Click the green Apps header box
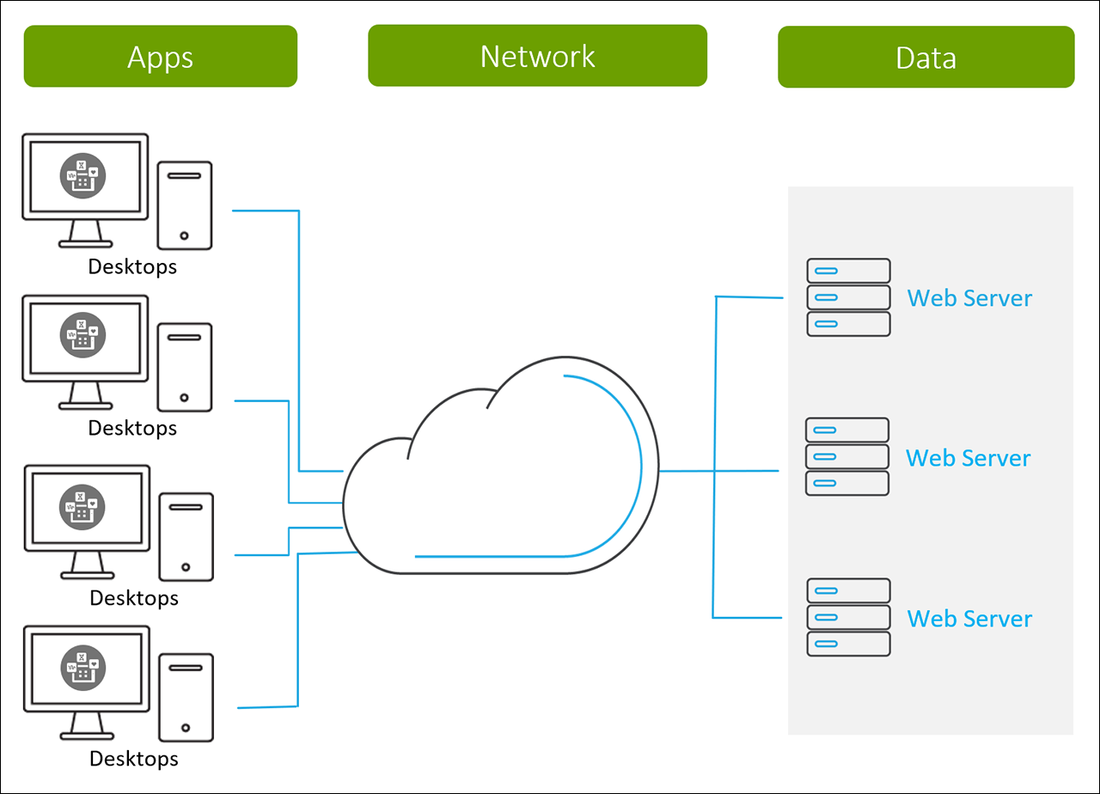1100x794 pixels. [x=160, y=56]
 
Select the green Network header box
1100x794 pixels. [x=537, y=55]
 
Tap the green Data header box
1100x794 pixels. [x=926, y=57]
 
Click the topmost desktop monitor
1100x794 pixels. [x=85, y=177]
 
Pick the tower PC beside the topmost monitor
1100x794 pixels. [x=185, y=205]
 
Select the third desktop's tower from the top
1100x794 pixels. [x=186, y=535]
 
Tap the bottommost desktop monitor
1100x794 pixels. [x=85, y=669]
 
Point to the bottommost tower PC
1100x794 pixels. [x=186, y=697]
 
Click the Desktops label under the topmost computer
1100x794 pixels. [x=132, y=266]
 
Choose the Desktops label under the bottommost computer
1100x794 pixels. [x=134, y=759]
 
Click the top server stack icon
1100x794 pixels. [x=848, y=297]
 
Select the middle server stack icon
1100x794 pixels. [x=846, y=456]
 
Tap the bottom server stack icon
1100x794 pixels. [x=848, y=617]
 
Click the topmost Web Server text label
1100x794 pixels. [x=969, y=298]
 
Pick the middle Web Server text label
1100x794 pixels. [x=968, y=457]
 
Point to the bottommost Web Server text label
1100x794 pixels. [x=969, y=618]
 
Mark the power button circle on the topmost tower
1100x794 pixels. [x=184, y=235]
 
